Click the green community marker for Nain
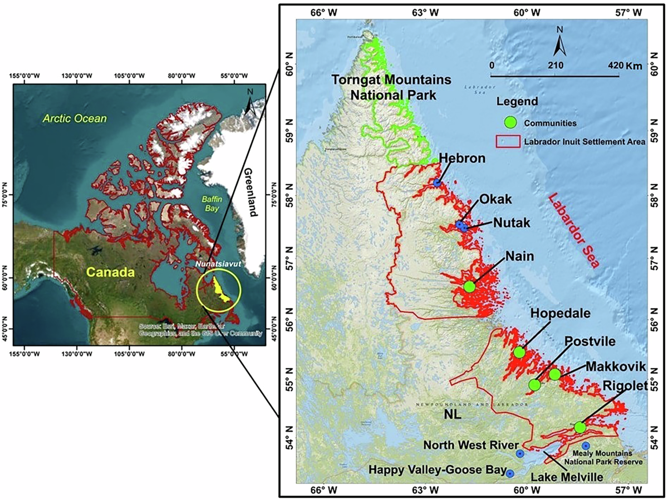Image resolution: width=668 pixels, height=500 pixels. point(469,286)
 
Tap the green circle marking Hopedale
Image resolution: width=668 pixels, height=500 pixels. point(519,352)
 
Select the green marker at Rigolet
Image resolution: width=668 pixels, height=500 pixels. point(580,427)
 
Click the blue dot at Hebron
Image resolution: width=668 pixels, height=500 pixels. point(438,182)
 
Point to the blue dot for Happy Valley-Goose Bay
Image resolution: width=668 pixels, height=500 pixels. point(510,473)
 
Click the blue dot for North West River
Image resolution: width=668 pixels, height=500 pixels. point(520,454)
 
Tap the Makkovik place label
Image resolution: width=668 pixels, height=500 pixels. point(615,367)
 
